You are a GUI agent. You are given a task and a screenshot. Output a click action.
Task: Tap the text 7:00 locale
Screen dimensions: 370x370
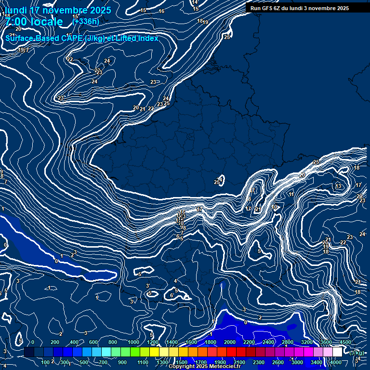(x=34, y=22)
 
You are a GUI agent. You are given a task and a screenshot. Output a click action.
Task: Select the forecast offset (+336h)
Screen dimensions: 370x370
(x=86, y=21)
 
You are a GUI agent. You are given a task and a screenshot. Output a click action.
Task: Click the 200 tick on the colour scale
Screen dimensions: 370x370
(x=54, y=342)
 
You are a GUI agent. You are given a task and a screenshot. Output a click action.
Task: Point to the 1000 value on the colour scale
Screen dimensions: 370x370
(x=133, y=342)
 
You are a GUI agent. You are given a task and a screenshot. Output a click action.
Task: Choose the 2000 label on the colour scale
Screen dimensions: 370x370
(x=230, y=342)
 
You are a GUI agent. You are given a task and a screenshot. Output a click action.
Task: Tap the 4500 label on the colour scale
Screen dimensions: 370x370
(x=345, y=342)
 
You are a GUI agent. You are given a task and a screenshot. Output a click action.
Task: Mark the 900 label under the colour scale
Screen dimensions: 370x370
(x=123, y=362)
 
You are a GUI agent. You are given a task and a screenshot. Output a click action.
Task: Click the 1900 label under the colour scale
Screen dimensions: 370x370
(x=220, y=362)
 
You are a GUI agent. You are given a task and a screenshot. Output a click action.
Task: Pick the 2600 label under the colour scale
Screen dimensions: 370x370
(x=278, y=362)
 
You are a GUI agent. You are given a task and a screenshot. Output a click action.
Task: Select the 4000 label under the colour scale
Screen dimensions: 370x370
(x=336, y=362)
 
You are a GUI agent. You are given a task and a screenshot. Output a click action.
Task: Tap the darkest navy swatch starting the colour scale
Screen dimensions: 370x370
(x=29, y=353)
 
